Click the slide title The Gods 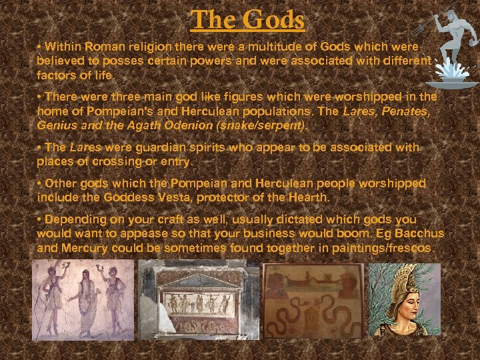pos(247,19)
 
